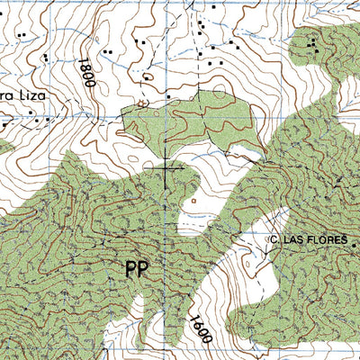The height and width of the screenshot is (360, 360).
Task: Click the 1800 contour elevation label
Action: [x=85, y=71]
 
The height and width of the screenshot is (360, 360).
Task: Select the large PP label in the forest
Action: [x=136, y=270]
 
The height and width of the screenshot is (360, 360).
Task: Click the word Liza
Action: [x=26, y=94]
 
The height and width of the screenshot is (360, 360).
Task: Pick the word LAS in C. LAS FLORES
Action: [x=292, y=240]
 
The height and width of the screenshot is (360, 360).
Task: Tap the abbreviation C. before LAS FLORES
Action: [x=274, y=240]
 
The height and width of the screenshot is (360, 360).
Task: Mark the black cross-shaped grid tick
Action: [x=169, y=167]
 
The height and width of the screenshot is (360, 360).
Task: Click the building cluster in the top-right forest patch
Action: [x=312, y=43]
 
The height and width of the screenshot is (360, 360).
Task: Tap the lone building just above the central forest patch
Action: [x=167, y=95]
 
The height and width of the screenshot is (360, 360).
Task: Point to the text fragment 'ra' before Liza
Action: [x=4, y=94]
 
